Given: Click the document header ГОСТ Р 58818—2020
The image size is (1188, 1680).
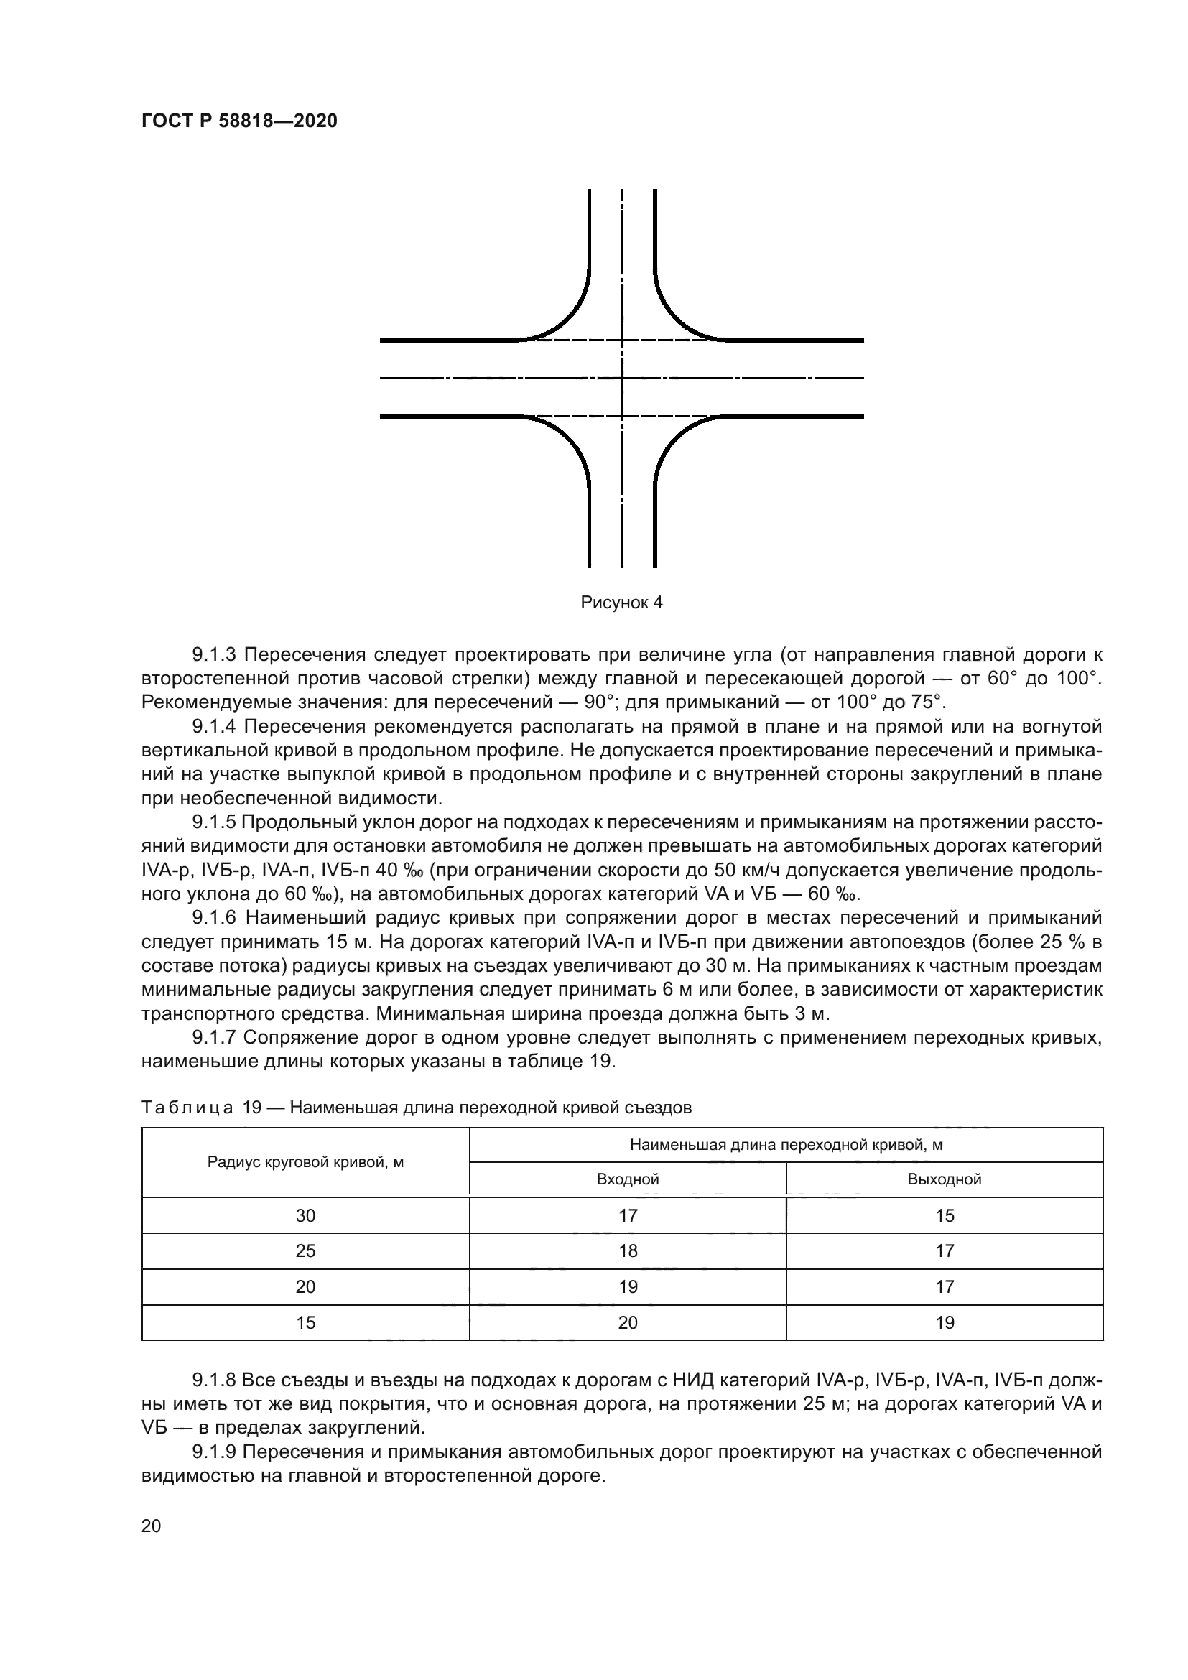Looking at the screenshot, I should click(239, 121).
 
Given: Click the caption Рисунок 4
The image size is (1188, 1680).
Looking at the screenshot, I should click(621, 603).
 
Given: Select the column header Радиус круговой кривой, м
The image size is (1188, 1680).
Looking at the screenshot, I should click(305, 1162).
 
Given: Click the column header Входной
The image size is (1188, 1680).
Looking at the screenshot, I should click(628, 1179).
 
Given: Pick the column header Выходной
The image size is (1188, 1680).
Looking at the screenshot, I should click(944, 1179).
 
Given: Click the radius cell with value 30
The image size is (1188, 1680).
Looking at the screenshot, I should click(305, 1215).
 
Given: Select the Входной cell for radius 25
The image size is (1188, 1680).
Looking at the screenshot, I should click(628, 1251).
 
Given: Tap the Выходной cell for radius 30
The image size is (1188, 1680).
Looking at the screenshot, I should click(945, 1215).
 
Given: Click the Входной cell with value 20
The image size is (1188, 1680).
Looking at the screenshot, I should click(628, 1323).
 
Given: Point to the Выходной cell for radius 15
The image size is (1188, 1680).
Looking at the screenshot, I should click(945, 1323).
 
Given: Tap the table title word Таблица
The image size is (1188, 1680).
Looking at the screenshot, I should click(187, 1108).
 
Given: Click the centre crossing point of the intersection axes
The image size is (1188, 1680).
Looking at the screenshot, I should click(623, 379).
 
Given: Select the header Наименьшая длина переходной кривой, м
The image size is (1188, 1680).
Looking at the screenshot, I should click(786, 1145).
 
